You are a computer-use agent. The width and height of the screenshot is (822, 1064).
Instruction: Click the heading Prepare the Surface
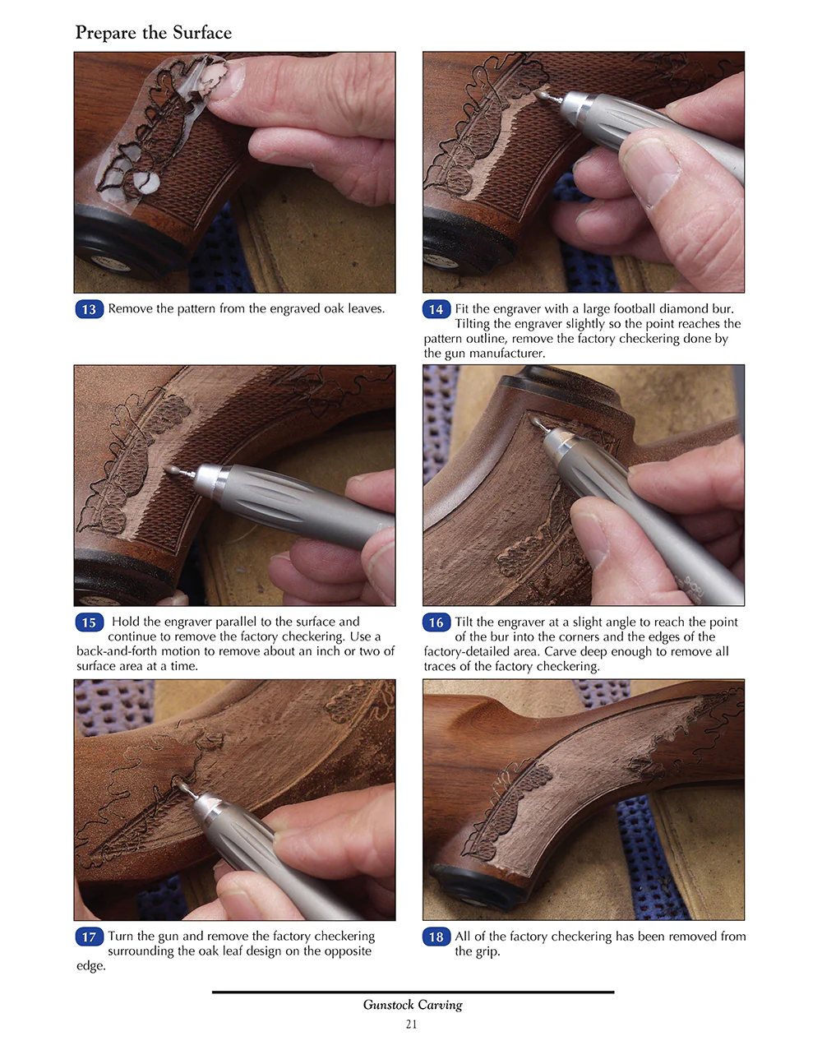point(154,33)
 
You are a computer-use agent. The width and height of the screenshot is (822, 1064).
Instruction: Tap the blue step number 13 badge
point(89,309)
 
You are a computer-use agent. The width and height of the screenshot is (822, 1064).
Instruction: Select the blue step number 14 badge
point(436,309)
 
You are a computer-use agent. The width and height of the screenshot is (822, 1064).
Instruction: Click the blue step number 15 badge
point(89,622)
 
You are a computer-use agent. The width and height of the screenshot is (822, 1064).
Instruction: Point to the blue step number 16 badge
point(436,622)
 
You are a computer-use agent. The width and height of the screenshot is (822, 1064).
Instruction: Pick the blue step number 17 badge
point(89,937)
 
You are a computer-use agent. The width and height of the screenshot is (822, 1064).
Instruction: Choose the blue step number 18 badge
point(436,937)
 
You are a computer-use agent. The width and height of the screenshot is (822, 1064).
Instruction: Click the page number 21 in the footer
point(411,1025)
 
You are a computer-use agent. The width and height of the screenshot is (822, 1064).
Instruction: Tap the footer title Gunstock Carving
point(413,1005)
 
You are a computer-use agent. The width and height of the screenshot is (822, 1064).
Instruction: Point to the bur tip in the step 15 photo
point(171,470)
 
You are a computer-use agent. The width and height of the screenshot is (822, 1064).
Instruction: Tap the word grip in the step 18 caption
point(487,951)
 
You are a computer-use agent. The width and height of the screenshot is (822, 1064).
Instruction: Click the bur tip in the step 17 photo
point(182,786)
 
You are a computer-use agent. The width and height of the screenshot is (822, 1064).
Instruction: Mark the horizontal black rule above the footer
point(413,992)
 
